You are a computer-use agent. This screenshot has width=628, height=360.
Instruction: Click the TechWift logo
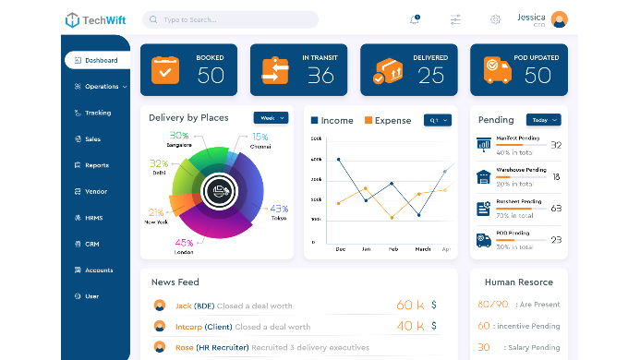pos(97,19)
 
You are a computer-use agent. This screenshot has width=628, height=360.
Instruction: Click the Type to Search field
pos(231,19)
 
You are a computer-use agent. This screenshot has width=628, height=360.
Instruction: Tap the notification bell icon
pos(414,19)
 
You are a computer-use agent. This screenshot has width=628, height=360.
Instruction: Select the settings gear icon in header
pos(495,19)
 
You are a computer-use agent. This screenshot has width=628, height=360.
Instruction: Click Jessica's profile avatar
pos(559,19)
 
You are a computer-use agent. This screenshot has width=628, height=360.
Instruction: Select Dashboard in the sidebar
pos(97,60)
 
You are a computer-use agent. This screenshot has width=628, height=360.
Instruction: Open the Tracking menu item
pos(97,113)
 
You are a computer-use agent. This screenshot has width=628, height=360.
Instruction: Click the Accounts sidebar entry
pos(97,270)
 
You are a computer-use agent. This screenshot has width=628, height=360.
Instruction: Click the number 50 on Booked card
pos(211,77)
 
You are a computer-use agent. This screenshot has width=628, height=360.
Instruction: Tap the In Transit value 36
pos(320,77)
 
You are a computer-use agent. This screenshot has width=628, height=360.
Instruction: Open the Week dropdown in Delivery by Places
pos(271,118)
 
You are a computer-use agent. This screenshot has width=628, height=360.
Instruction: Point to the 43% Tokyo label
pos(278,208)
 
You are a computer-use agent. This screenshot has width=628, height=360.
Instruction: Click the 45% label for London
pos(183,243)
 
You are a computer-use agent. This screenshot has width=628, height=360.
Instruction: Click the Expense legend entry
pos(387,121)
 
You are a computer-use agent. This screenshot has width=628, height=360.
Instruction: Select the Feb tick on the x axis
pos(392,249)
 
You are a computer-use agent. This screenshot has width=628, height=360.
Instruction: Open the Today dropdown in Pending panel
pos(543,120)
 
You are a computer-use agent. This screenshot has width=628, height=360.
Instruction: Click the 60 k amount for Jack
pos(409,305)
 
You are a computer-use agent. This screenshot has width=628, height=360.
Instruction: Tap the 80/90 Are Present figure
pos(493,304)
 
